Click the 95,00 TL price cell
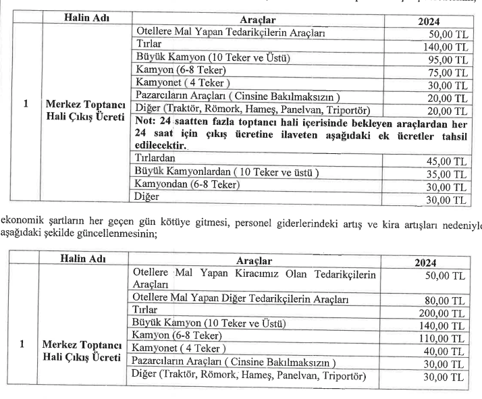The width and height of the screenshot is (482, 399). pos(448,60)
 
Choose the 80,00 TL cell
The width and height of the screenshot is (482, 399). pos(448,300)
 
